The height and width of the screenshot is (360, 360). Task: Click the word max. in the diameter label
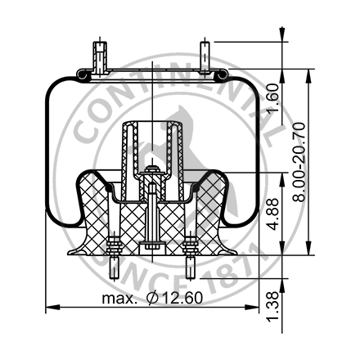119,299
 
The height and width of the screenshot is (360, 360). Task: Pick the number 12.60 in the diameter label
180,299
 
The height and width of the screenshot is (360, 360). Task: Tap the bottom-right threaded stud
191,266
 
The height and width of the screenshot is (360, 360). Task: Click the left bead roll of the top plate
81,75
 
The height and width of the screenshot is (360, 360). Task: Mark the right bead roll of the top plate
220,75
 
